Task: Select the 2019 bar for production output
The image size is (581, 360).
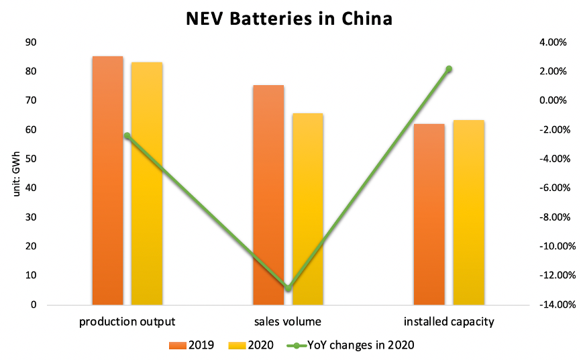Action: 107,181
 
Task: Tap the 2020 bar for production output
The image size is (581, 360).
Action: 146,184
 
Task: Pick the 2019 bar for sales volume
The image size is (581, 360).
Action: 268,194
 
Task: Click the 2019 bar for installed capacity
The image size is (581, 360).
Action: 429,215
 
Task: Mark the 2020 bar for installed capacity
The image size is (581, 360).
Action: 468,213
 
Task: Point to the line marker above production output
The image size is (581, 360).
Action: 127,135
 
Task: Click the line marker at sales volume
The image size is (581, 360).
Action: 288,288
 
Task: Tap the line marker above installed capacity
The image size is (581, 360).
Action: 449,69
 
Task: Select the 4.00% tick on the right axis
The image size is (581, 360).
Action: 553,42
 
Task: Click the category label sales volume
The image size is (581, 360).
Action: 288,322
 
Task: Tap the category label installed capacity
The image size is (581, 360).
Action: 449,322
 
